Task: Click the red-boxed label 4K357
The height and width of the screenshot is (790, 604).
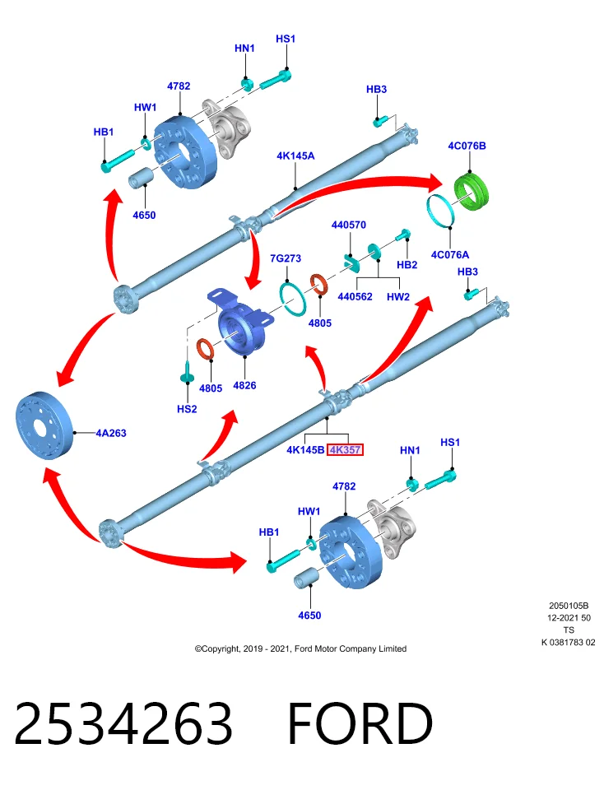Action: tap(345, 449)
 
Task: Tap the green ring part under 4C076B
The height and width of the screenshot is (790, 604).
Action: tap(472, 192)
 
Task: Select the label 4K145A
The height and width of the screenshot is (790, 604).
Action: tap(295, 156)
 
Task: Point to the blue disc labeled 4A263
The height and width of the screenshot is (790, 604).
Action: tap(44, 425)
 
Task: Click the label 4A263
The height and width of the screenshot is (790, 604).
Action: tap(111, 433)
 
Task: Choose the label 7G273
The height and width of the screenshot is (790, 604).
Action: tap(286, 258)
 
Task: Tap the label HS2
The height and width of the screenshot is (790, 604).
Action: tap(187, 409)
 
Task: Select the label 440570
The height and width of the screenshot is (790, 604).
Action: tap(349, 225)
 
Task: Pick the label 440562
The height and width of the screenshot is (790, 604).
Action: tap(355, 297)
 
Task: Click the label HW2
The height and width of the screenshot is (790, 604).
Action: tap(398, 297)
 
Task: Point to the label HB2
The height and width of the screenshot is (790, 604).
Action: tap(407, 265)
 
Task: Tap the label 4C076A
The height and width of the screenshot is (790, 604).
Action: tap(450, 255)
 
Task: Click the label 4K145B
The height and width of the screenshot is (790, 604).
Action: tap(305, 449)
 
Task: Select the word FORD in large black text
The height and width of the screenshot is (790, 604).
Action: tap(360, 723)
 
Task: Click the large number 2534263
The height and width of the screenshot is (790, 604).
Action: tap(123, 723)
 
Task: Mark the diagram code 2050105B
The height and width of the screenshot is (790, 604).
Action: tap(569, 606)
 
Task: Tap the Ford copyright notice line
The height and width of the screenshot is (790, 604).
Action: tap(300, 649)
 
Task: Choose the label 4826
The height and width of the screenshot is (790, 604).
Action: tap(245, 385)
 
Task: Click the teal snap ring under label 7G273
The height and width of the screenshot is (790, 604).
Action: tap(293, 300)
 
